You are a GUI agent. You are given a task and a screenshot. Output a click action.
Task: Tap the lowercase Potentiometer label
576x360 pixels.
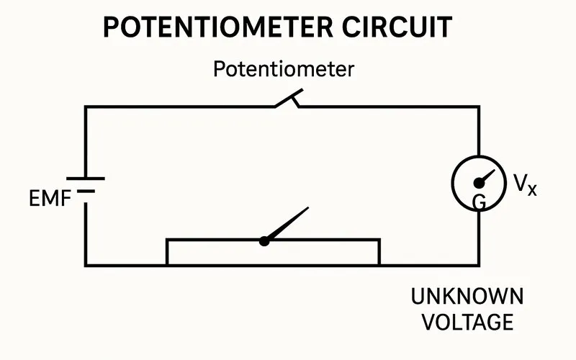(283, 70)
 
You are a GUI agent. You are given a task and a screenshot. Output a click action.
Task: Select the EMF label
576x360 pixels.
(49, 199)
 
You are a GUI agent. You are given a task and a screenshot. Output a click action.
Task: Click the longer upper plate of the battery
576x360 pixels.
(86, 179)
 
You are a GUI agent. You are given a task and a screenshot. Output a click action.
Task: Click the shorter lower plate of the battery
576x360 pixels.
(86, 191)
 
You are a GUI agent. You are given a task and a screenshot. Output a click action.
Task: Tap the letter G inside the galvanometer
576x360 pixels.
(479, 203)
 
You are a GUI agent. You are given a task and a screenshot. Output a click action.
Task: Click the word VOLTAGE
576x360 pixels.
(467, 321)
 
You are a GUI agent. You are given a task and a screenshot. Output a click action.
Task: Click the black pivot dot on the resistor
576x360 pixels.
(264, 241)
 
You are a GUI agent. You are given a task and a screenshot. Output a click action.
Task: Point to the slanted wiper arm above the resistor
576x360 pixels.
(288, 224)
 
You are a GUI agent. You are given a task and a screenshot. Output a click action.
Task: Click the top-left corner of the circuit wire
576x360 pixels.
(86, 107)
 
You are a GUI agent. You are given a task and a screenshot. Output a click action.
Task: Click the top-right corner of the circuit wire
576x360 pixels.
(479, 107)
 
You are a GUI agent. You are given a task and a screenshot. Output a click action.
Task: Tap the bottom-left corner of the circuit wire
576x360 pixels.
(86, 265)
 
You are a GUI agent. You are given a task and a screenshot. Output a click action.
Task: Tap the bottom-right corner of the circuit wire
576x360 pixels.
(479, 265)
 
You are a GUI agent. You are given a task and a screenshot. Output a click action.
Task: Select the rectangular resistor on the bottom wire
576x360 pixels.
(324, 252)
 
